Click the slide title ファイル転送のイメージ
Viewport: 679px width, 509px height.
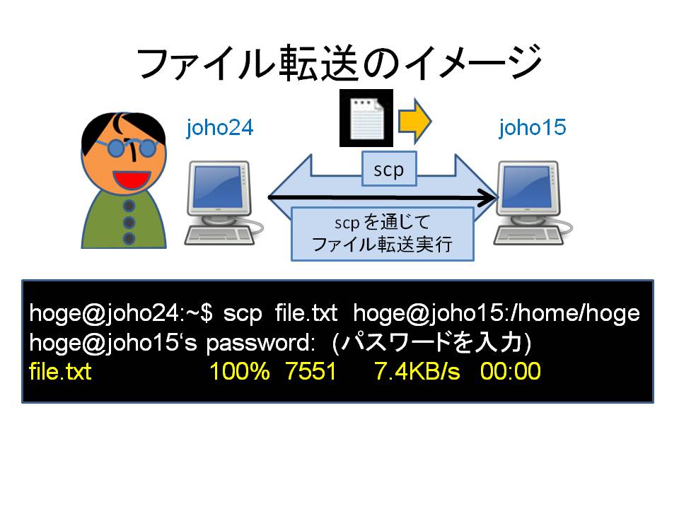coord(339,64)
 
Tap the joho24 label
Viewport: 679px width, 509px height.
coord(219,128)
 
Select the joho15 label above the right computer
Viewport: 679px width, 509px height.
coord(532,128)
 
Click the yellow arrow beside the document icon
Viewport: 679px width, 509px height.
coord(415,121)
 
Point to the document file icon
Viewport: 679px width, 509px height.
coord(366,118)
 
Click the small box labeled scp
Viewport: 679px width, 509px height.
coord(389,169)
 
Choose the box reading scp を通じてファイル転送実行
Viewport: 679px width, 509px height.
coord(383,234)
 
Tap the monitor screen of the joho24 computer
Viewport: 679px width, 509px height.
coord(217,187)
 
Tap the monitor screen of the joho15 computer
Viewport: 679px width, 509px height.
coord(527,187)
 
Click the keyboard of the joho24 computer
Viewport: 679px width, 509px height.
coord(219,236)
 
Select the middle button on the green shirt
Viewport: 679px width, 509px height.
coord(129,223)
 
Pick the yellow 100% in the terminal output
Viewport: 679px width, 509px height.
coord(240,371)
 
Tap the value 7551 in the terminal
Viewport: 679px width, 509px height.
coord(311,371)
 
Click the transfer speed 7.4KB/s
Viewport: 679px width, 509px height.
coord(417,371)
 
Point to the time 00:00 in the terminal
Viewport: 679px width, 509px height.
coord(511,371)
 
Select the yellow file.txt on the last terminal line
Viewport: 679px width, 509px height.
coord(60,371)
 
